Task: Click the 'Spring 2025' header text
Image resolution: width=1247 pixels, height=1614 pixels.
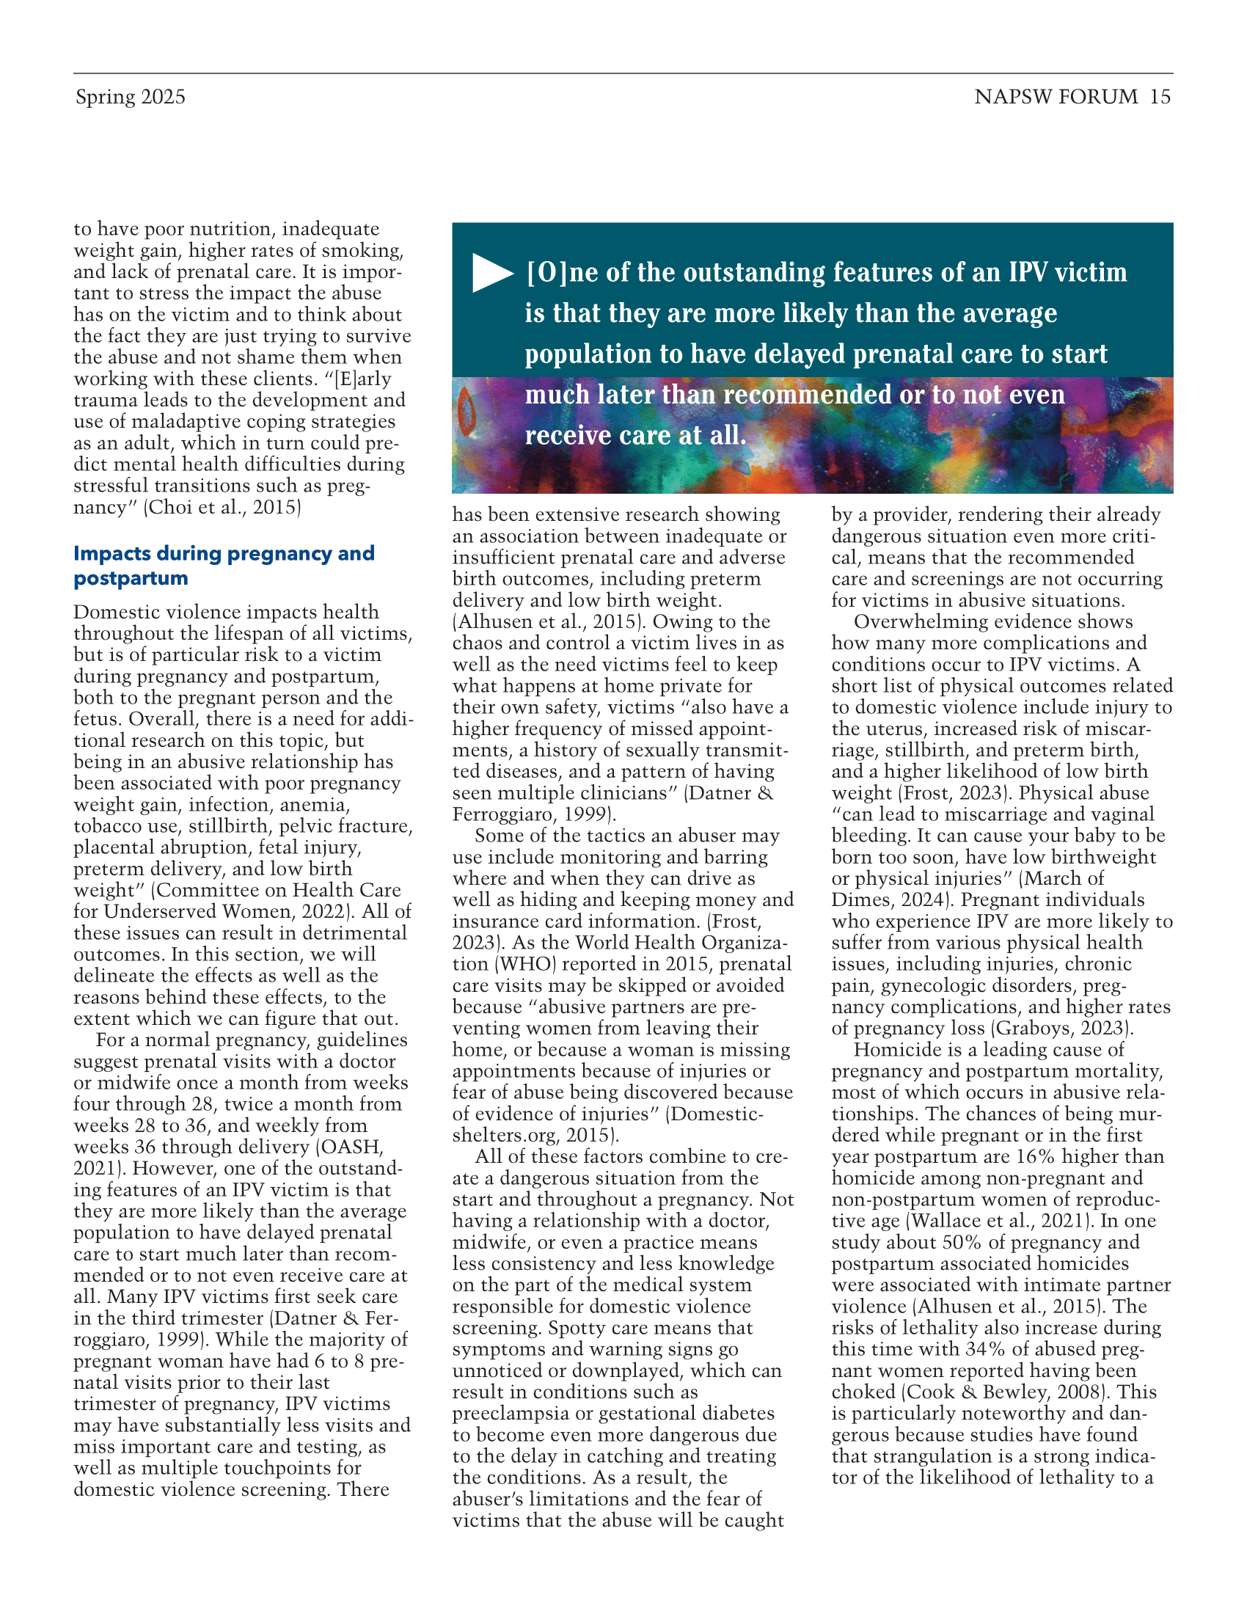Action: coord(130,97)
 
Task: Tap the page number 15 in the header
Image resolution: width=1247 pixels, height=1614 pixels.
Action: coord(1160,97)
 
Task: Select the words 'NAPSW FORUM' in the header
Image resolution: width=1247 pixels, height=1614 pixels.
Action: coord(1056,97)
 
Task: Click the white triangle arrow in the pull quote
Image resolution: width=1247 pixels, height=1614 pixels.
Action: coord(492,273)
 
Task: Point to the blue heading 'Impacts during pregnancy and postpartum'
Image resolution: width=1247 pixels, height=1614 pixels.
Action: coord(224,566)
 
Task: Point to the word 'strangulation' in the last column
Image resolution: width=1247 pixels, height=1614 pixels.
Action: coord(938,1456)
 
